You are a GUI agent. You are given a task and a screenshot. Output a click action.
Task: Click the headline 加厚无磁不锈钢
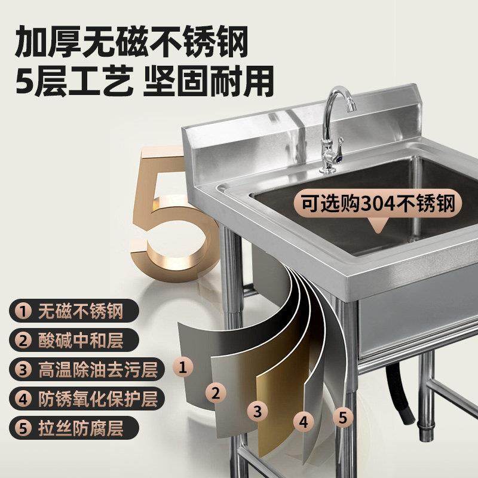[x=131, y=42]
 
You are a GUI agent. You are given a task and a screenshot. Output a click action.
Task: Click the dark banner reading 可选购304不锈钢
[x=376, y=204]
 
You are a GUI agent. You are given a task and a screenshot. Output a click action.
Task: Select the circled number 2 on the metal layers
[x=216, y=393]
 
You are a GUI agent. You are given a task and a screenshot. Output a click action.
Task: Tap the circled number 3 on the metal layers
[x=258, y=410]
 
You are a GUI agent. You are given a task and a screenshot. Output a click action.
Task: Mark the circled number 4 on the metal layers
[x=304, y=422]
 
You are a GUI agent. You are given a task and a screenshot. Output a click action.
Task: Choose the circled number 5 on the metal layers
[x=342, y=416]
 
